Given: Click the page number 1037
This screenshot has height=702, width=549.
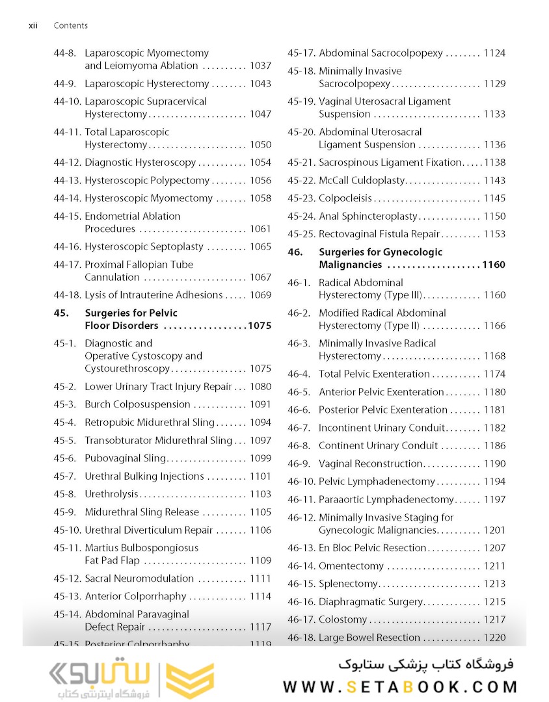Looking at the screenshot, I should (x=260, y=66).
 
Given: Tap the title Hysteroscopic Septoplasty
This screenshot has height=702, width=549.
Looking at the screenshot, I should (x=144, y=247).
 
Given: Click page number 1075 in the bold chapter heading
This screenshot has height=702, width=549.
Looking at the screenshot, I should (x=259, y=326).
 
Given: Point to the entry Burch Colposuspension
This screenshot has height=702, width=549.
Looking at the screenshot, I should (x=133, y=404).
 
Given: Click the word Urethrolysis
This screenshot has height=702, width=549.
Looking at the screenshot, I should (x=112, y=494).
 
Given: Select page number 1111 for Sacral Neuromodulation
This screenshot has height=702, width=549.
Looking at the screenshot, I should (x=260, y=578).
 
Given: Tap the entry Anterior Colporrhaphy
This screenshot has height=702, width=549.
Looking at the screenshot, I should (x=135, y=597).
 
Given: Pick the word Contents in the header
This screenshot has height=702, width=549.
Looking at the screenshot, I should (x=70, y=25).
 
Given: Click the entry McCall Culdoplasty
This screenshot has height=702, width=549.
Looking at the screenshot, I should (x=362, y=181).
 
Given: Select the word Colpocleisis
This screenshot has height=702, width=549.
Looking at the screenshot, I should (x=345, y=198).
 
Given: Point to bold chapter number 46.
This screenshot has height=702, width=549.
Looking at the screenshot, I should (x=295, y=252).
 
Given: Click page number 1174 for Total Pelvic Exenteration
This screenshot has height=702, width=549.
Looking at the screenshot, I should (x=494, y=374).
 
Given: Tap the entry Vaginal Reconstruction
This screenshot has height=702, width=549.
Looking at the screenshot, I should (x=371, y=464).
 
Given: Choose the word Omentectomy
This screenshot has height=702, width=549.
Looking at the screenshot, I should (x=351, y=566).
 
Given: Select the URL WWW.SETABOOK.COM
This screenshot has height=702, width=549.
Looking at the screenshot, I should (x=400, y=686).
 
